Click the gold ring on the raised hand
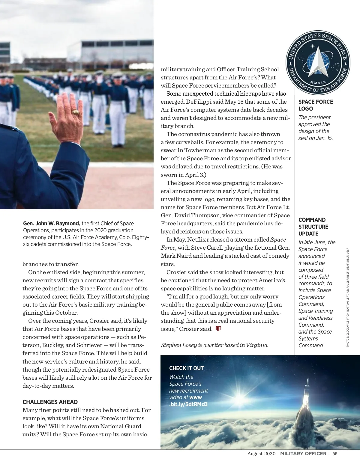pos(75,113)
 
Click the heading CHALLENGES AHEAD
pos(50,402)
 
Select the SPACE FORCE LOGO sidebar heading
pos(316,105)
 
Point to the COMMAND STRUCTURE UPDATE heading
pos(313,227)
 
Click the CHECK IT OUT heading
pos(186,368)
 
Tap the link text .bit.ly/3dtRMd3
pos(188,404)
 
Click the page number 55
pos(335,454)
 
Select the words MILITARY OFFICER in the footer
pos(303,454)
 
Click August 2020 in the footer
pos(261,454)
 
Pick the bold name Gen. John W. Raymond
pos(52,224)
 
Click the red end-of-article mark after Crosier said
pos(218,328)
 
